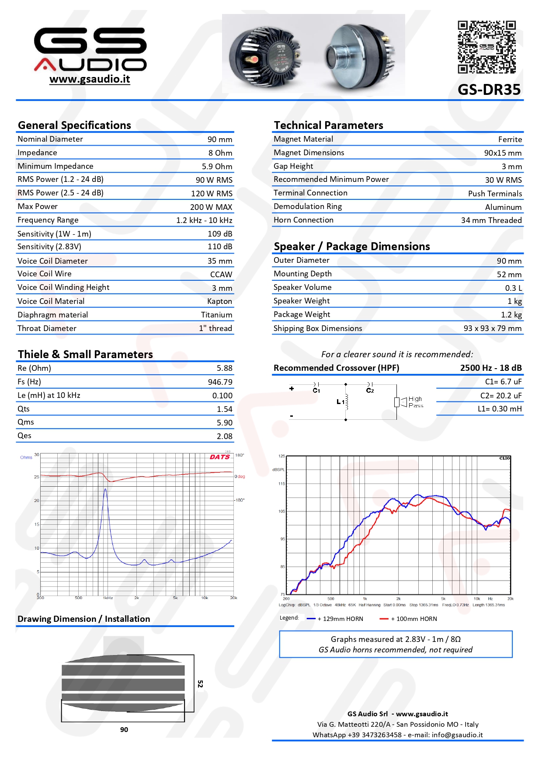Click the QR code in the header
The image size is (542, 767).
[x=486, y=47]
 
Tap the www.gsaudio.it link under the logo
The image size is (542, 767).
[x=90, y=79]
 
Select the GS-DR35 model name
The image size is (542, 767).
[x=489, y=90]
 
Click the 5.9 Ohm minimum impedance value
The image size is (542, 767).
[x=217, y=167]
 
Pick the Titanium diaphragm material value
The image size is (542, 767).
[x=216, y=315]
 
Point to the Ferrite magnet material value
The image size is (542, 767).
[x=510, y=139]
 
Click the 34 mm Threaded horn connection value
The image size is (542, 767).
[x=491, y=220]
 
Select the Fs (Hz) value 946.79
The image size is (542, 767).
[x=220, y=382]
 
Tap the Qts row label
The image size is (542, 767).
[x=24, y=409]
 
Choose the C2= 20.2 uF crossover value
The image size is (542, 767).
[x=500, y=396]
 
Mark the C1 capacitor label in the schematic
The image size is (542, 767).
[x=316, y=390]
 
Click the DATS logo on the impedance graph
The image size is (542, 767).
[x=219, y=457]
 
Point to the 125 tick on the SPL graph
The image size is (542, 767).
[x=281, y=456]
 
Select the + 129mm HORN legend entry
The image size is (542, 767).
[x=335, y=619]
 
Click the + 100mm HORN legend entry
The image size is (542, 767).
[x=409, y=619]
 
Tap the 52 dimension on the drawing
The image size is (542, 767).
[x=200, y=684]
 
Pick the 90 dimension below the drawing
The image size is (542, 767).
[x=124, y=729]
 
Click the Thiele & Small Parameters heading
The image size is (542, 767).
[x=85, y=354]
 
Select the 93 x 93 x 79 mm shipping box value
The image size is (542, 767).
[x=492, y=328]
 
